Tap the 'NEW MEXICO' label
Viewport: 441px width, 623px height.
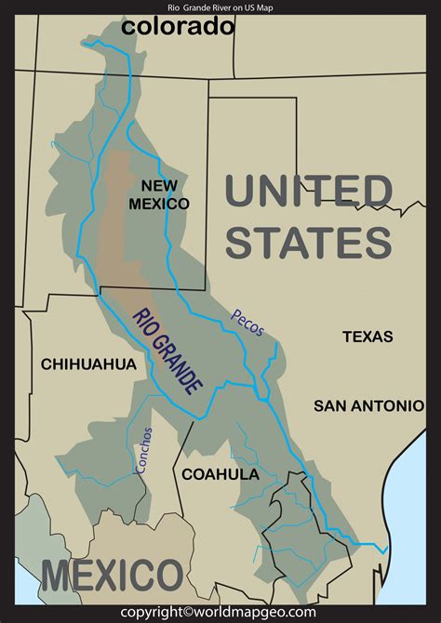click(x=159, y=193)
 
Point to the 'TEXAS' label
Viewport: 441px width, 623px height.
click(x=367, y=337)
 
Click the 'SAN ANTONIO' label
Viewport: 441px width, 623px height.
click(x=368, y=405)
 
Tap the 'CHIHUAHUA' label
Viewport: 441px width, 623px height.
click(x=88, y=365)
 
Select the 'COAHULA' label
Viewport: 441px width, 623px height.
click(x=220, y=473)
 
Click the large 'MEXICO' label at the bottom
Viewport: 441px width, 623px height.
click(x=112, y=576)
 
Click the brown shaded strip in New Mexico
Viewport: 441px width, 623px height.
click(x=115, y=214)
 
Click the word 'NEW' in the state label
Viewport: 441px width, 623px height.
click(x=159, y=184)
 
